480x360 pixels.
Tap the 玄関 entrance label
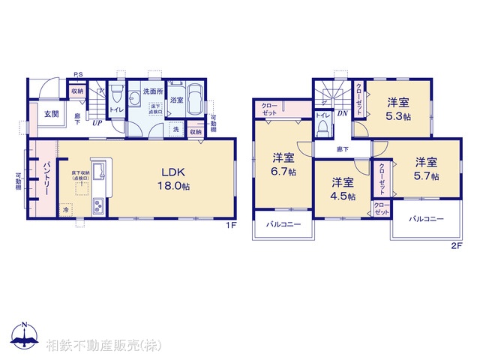click(x=50, y=115)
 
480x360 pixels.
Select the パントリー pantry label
click(x=46, y=178)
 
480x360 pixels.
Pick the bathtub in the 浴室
click(x=195, y=98)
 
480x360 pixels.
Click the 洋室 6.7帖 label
click(x=283, y=164)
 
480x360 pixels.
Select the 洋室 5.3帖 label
click(x=398, y=109)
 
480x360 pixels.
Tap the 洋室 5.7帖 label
click(x=426, y=168)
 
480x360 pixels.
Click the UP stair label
click(x=97, y=123)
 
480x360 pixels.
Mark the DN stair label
click(x=341, y=113)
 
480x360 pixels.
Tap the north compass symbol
click(x=24, y=337)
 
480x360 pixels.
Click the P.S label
click(x=78, y=73)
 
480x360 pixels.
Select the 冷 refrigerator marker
click(x=65, y=211)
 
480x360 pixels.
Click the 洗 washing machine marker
click(x=175, y=130)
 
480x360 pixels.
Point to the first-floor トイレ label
click(x=117, y=109)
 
